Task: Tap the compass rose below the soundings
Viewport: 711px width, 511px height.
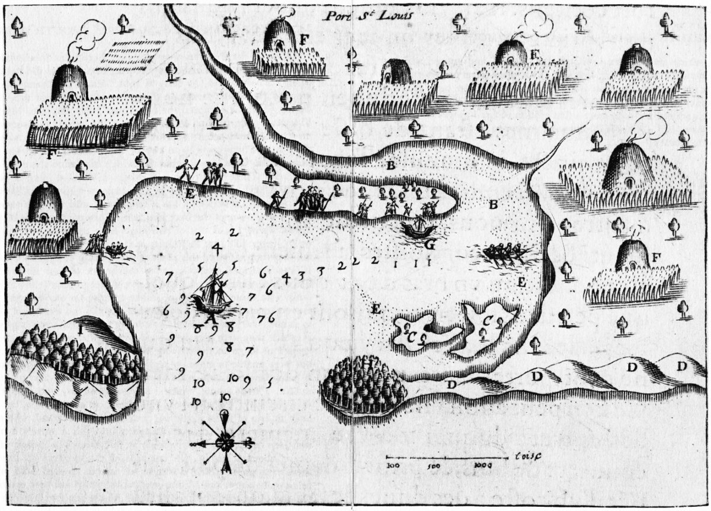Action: [x=224, y=442]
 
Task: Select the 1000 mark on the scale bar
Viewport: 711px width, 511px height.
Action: [x=483, y=465]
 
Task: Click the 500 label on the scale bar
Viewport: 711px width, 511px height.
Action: [x=435, y=465]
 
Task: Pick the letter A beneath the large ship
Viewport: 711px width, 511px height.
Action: [x=209, y=318]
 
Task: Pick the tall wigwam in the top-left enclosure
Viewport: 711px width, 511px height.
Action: [x=69, y=82]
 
